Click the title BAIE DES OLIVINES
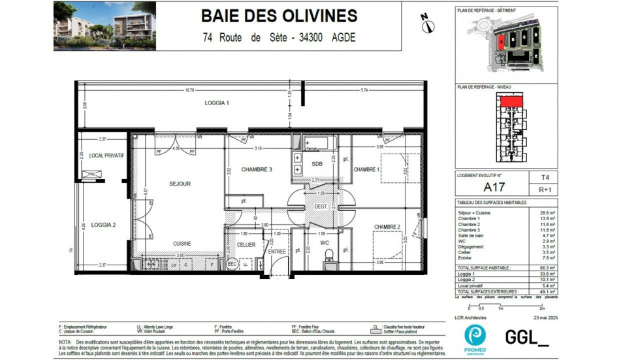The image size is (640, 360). tap(279, 16)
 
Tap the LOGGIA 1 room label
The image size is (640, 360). tap(217, 103)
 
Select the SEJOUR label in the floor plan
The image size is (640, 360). tap(180, 184)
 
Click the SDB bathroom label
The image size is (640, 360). tap(317, 164)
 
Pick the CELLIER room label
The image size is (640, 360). tap(246, 245)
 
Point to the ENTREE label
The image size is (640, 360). tap(277, 251)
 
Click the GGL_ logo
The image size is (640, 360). tap(526, 337)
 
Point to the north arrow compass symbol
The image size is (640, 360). tap(428, 25)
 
